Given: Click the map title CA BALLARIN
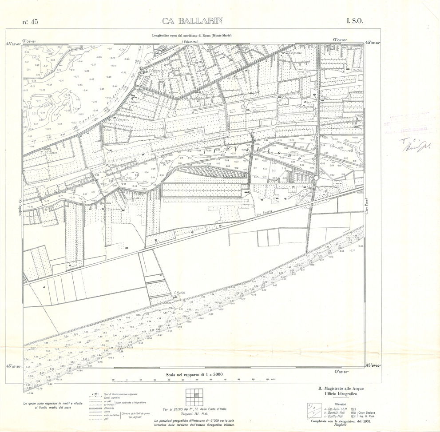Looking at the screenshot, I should coord(192,21).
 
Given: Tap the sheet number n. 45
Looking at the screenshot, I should coord(30,22).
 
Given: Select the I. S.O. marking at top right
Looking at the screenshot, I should coord(355,21).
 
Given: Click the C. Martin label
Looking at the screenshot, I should coord(357,70).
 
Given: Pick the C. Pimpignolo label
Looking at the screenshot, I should coord(305,107).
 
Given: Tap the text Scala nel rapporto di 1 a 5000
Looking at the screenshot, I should coord(194,374).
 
